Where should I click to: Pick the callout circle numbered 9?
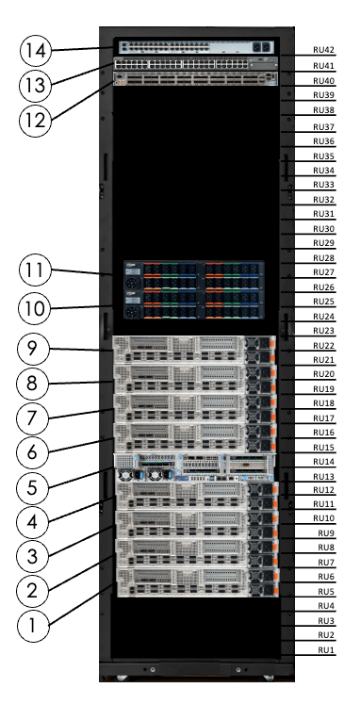coord(33,348)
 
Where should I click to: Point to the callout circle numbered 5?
coord(33,487)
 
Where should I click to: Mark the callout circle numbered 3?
coord(33,557)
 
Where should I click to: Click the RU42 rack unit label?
coord(323,50)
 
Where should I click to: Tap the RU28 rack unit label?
coord(323,258)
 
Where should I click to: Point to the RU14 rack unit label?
coord(323,461)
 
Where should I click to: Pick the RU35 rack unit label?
coord(323,156)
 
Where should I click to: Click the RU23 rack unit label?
coord(323,331)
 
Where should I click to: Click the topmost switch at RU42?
coord(196,47)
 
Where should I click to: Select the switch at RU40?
coord(196,78)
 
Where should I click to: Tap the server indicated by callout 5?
coord(195,467)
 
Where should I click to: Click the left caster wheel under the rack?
coord(122,678)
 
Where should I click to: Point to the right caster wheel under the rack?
coord(269,678)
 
